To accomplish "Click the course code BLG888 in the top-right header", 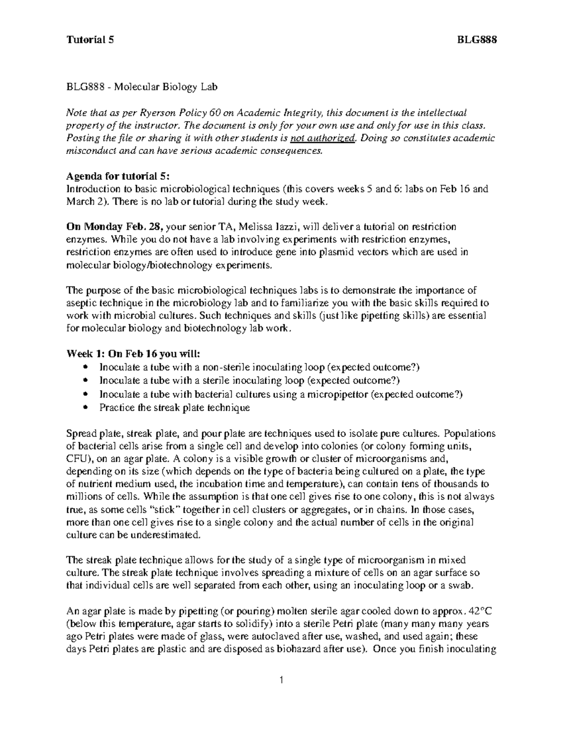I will [x=477, y=40].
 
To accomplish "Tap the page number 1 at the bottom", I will [x=281, y=680].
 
